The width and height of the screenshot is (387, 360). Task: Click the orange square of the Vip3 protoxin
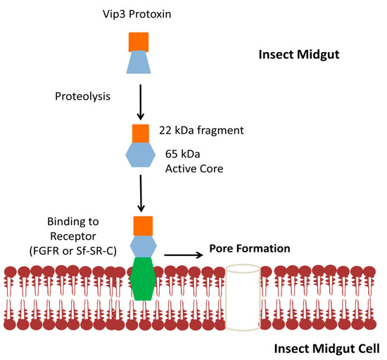[x=139, y=41]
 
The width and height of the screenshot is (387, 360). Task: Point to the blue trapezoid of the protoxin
[x=139, y=63]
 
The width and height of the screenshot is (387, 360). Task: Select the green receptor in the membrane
[x=144, y=279]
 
